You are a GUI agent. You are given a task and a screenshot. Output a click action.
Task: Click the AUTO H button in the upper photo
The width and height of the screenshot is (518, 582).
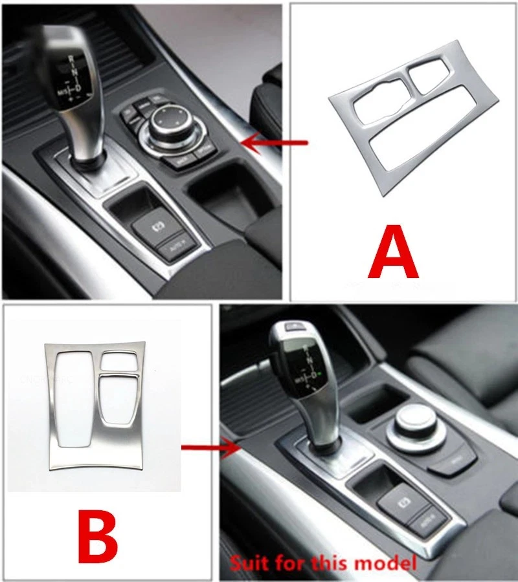tap(174, 246)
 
